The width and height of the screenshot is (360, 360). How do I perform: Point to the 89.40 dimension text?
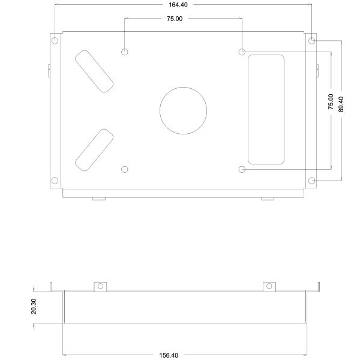(341, 105)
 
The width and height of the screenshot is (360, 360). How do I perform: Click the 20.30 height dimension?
(34, 307)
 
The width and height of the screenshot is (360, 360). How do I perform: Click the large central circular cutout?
(183, 111)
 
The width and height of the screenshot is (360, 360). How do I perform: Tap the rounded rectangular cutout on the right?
(266, 109)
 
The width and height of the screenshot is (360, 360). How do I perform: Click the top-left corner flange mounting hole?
(55, 41)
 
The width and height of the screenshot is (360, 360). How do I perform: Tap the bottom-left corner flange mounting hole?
(55, 181)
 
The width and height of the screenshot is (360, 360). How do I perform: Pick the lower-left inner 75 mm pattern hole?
(125, 169)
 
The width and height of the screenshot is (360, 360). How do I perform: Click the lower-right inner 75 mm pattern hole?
(242, 169)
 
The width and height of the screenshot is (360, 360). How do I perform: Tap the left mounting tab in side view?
(101, 286)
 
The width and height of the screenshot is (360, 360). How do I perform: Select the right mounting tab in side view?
(269, 286)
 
